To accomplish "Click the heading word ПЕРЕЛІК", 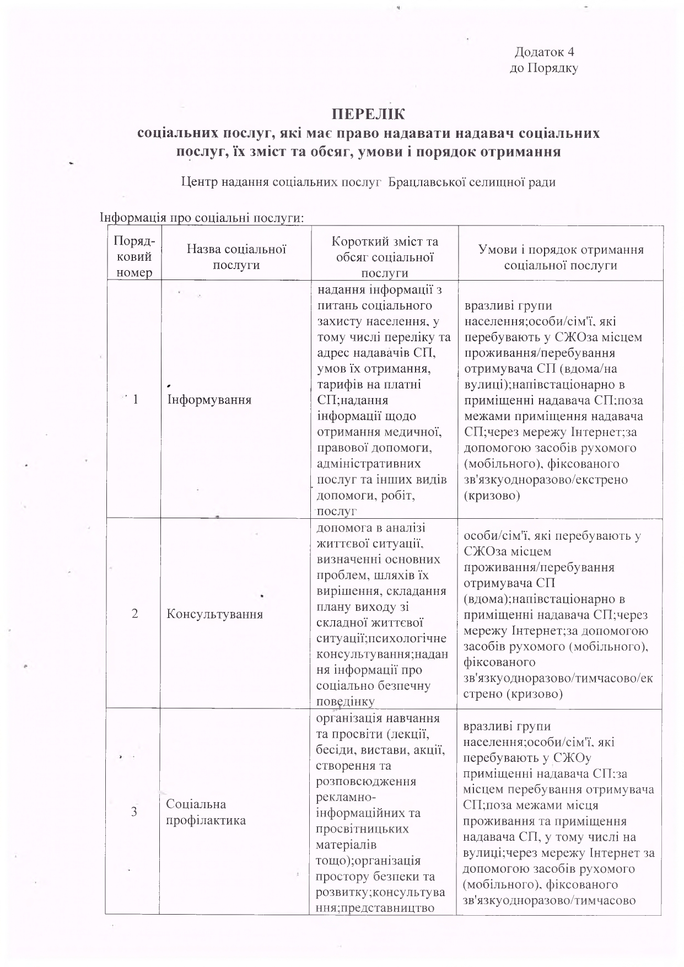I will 368,115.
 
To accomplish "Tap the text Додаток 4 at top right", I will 544,52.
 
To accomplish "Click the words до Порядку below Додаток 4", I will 543,68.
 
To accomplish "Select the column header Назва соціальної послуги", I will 236,257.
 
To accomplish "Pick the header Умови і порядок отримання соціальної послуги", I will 561,257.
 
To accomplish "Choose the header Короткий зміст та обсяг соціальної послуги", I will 384,257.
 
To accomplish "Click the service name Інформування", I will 209,400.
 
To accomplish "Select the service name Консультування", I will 214,614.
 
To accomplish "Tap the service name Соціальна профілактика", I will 206,812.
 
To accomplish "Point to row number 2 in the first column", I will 135,614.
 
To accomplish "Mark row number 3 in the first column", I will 135,812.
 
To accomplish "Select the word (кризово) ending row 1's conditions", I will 492,495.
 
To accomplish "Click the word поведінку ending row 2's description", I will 346,702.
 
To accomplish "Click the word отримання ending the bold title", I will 518,152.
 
